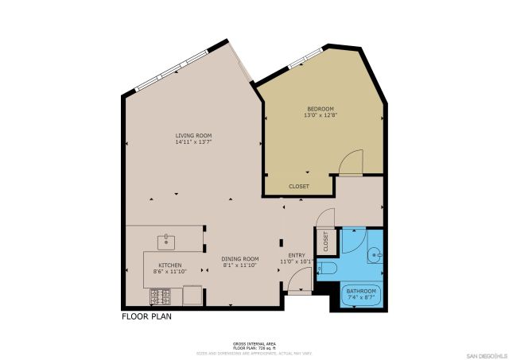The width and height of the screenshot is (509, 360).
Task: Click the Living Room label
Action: tap(193, 136)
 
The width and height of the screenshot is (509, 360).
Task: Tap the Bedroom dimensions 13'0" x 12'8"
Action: tap(321, 115)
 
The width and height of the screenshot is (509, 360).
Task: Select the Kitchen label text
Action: tap(170, 265)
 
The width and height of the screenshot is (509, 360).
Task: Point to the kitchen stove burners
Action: tap(159, 297)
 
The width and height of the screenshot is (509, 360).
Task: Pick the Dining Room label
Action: tap(240, 258)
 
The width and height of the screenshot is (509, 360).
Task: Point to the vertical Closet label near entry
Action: tap(325, 241)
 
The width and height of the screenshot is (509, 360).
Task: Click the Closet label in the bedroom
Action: tap(299, 187)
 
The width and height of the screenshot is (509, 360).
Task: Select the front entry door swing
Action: tap(298, 281)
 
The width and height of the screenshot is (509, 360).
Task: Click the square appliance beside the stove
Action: tap(192, 296)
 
